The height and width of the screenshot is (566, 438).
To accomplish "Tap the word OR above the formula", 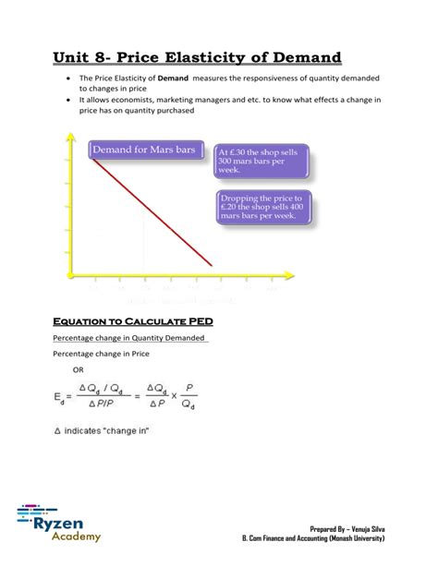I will (x=78, y=369).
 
